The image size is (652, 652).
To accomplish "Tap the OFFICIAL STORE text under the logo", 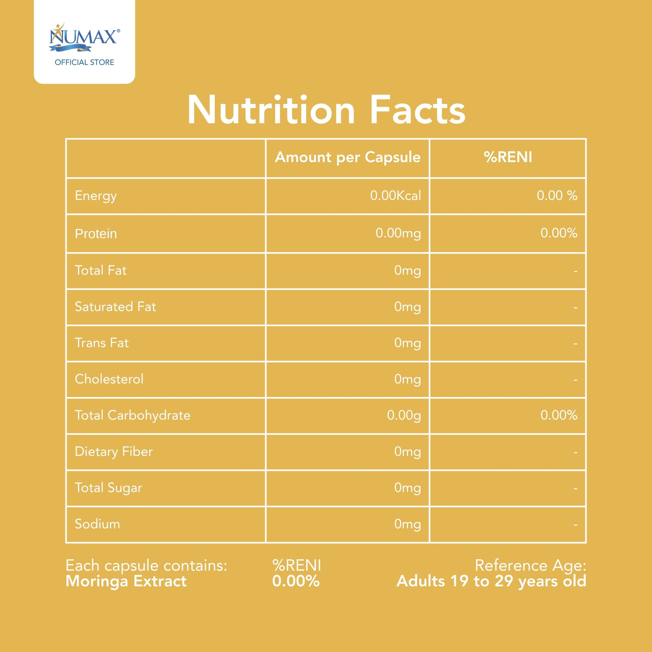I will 84,62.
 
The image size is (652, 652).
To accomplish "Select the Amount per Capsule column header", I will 348,157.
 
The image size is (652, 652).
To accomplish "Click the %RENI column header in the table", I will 508,157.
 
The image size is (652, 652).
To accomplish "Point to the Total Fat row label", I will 101,270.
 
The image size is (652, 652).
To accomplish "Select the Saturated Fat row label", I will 115,307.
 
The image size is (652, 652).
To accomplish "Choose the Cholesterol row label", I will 109,379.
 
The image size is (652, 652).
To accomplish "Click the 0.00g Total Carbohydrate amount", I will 404,415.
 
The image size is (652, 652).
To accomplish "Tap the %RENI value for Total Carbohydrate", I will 559,415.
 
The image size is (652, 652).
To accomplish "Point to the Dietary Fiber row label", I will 114,452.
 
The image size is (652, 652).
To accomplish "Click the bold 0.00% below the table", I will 296,581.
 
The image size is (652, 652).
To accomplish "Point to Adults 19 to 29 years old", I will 491,581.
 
